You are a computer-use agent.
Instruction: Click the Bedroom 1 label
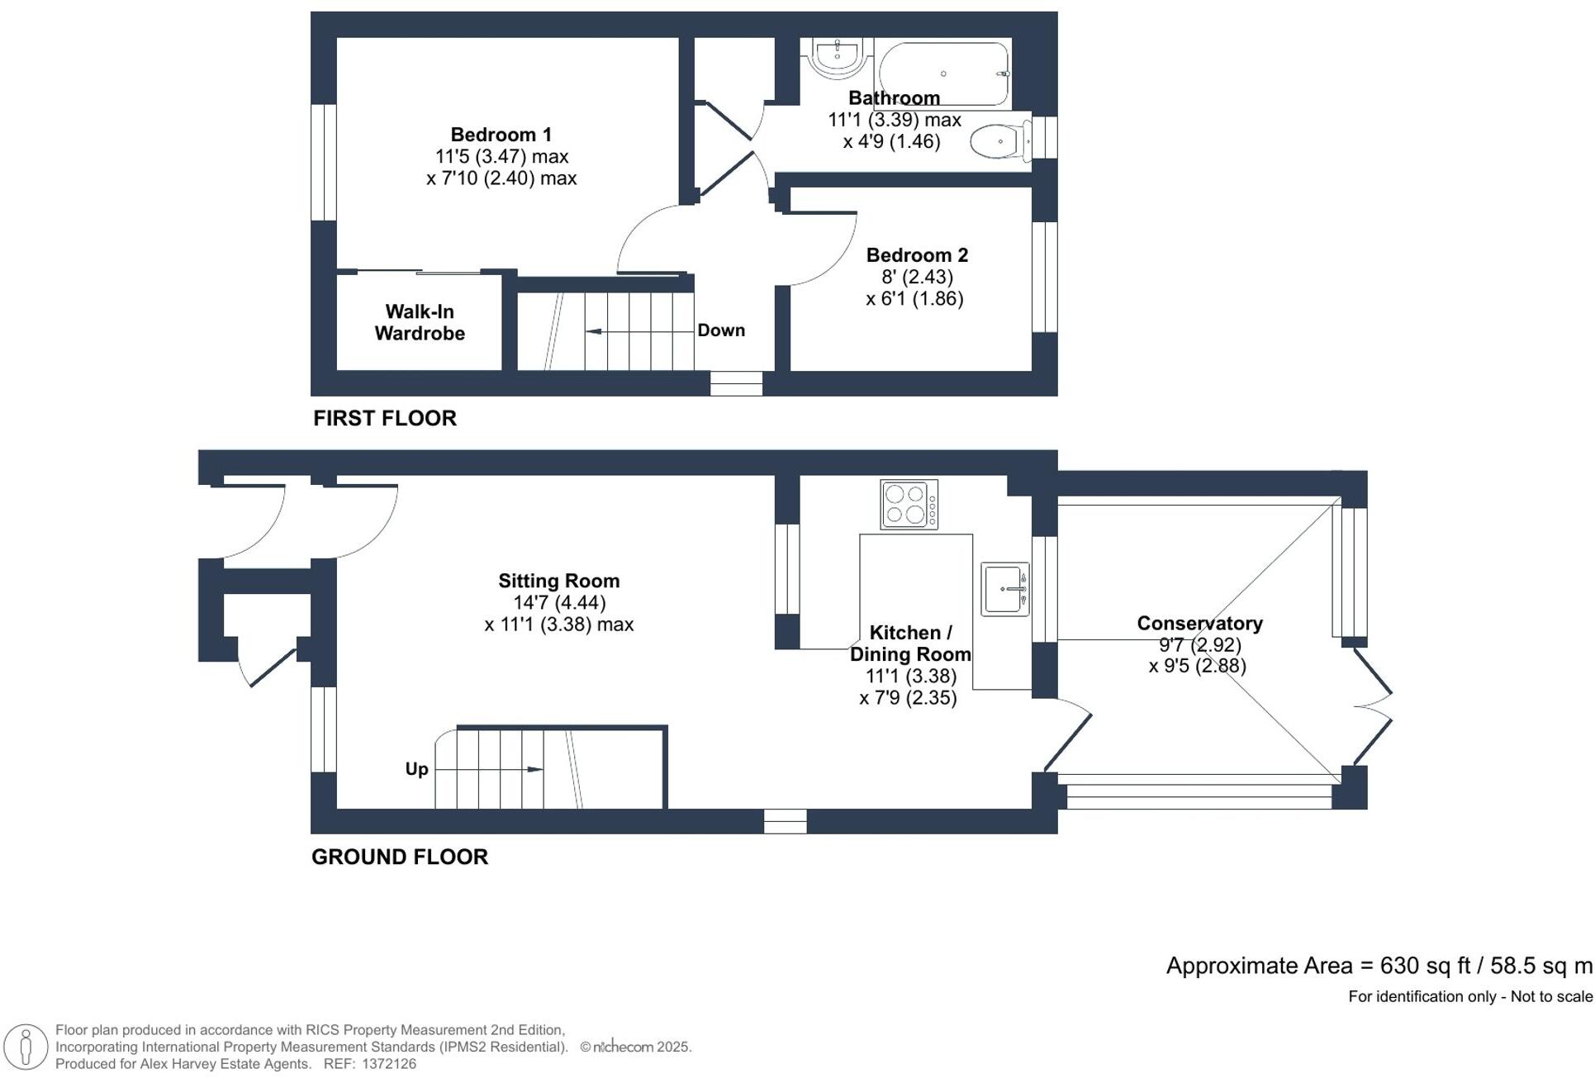coord(501,135)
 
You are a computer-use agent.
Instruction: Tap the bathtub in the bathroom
coord(943,73)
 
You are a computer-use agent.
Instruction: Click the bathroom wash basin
coord(838,57)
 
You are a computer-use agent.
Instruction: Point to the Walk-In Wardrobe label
coord(420,322)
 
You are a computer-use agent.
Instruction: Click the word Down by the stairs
coord(721,330)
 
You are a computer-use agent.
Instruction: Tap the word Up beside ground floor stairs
coord(416,769)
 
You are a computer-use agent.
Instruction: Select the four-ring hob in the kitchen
coord(909,504)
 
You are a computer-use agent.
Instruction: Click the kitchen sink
coord(1004,589)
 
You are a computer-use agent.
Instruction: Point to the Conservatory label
coord(1199,624)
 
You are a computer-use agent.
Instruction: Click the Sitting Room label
coord(558,581)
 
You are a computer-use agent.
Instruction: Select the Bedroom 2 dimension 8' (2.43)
coord(917,277)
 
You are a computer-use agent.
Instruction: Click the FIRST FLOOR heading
coord(385,418)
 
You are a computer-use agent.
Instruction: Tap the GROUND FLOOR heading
coord(400,857)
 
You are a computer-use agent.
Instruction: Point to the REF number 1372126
coord(388,1064)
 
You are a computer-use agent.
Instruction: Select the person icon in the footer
coord(26,1047)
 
